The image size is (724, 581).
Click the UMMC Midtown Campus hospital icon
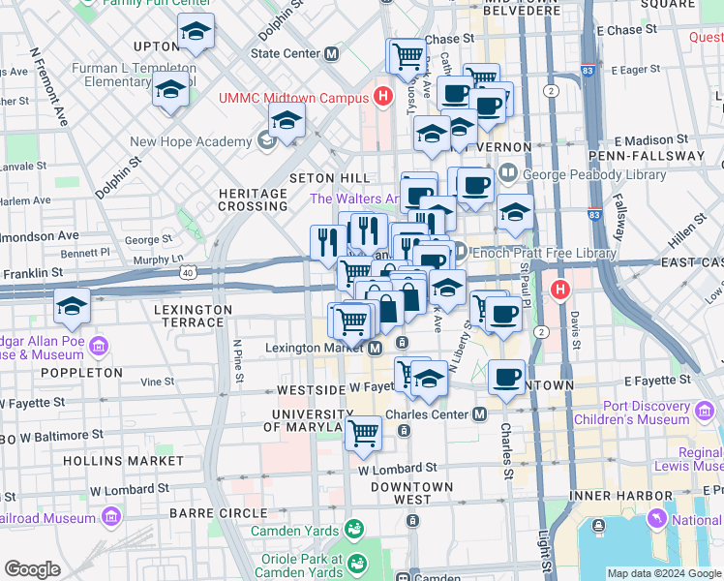click(x=384, y=97)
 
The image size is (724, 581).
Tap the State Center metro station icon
click(x=332, y=53)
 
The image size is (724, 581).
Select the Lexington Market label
click(x=315, y=347)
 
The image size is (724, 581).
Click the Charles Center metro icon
click(x=479, y=414)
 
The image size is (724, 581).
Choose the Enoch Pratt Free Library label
click(x=546, y=253)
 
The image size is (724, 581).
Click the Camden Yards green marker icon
click(x=354, y=530)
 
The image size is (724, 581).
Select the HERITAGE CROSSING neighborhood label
click(x=254, y=199)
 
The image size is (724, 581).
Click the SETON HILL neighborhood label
click(x=329, y=178)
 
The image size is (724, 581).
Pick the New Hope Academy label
click(x=192, y=141)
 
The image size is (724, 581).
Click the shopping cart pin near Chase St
click(x=407, y=55)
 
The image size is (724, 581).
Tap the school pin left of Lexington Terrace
click(x=73, y=307)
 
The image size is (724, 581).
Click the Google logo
click(x=32, y=568)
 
